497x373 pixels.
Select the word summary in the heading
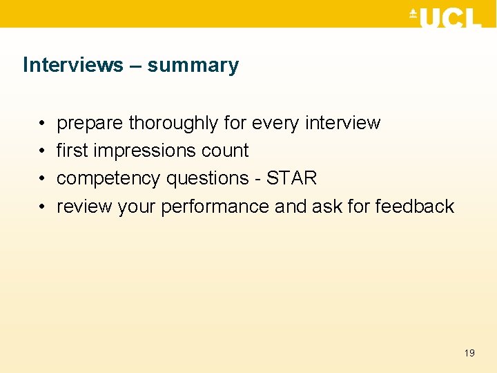193,66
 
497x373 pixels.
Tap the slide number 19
469,353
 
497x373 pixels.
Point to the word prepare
90,124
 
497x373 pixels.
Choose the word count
221,151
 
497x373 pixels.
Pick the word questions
209,178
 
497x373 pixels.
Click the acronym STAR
291,178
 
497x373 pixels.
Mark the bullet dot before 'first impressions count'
43,151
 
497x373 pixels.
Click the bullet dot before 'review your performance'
43,207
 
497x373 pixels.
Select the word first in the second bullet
72,151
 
